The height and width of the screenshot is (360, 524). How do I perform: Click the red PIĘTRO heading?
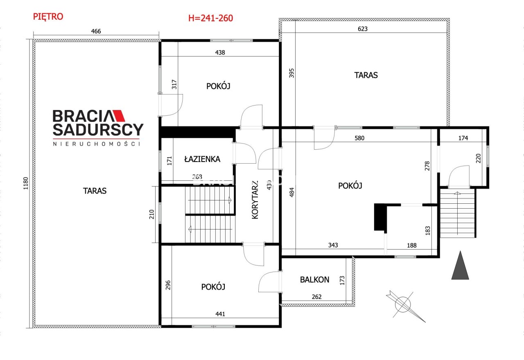(48, 17)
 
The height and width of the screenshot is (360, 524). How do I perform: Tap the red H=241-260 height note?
(210, 18)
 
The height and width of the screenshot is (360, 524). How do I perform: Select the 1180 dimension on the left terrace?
(26, 184)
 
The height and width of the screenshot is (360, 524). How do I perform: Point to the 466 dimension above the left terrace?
(96, 31)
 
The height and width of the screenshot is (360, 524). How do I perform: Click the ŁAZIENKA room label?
(202, 159)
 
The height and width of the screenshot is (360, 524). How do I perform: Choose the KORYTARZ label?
(255, 200)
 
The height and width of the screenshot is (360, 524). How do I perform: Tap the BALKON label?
(315, 279)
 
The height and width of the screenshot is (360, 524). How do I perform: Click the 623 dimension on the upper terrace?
(363, 29)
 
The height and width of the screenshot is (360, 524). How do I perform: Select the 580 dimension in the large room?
(359, 138)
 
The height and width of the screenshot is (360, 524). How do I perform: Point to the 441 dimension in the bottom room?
(220, 314)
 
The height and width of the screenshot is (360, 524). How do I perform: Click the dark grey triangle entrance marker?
(460, 265)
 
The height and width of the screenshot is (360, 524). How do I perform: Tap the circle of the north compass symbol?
(402, 304)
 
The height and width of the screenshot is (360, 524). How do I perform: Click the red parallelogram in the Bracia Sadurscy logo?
(119, 116)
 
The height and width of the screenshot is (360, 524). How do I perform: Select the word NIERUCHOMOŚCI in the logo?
(97, 144)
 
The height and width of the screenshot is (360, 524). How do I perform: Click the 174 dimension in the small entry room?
(463, 138)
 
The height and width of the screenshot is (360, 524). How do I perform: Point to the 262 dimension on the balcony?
(317, 297)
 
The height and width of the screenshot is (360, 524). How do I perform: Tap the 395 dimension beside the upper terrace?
(291, 73)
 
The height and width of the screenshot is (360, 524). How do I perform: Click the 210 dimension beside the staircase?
(151, 214)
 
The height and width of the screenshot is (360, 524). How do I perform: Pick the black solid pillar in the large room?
(381, 217)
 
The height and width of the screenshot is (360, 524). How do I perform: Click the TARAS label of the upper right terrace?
(366, 75)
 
